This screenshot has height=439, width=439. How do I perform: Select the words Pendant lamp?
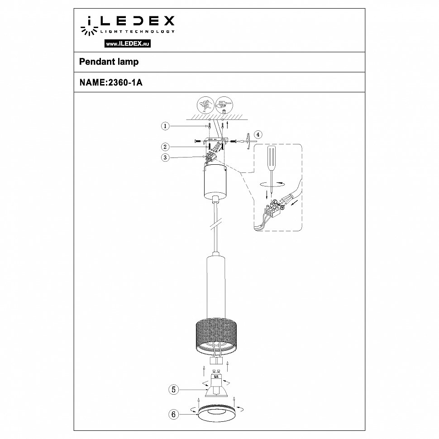[109, 62]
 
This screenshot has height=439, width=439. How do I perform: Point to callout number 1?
[166, 126]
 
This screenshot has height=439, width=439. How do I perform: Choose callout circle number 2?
[166, 147]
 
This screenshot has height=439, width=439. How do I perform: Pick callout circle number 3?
[166, 157]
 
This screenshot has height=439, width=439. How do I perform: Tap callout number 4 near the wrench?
[258, 134]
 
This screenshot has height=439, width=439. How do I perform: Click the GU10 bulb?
[216, 385]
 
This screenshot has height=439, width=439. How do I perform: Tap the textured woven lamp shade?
[216, 335]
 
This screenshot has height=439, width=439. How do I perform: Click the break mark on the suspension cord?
[216, 225]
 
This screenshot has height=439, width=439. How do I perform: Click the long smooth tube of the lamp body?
[216, 285]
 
